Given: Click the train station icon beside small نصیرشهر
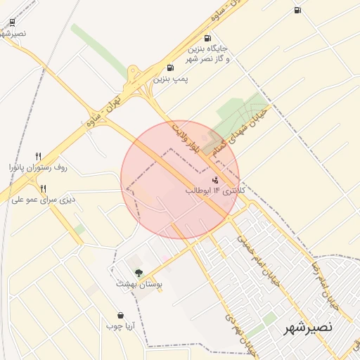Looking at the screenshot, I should pos(13,21).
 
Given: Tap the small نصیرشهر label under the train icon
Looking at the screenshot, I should pos(13,33).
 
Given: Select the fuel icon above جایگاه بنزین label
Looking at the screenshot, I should pos(207,39).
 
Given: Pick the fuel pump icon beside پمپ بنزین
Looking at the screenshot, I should pos(170,68).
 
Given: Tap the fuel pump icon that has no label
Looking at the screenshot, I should pos(297,10).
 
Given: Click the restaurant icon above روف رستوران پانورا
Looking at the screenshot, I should pos(39,156).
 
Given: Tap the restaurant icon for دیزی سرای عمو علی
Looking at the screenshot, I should pos(43,188).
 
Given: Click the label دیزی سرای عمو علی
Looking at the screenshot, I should pos(43,200).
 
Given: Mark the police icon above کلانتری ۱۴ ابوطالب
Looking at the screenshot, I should pos(214,180).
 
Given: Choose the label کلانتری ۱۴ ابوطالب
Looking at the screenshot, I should pos(216,191).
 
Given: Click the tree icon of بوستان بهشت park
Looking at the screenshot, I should pos(139,273).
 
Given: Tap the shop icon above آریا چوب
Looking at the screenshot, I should pos(120,316).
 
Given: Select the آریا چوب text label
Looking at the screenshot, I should pos(120,326).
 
